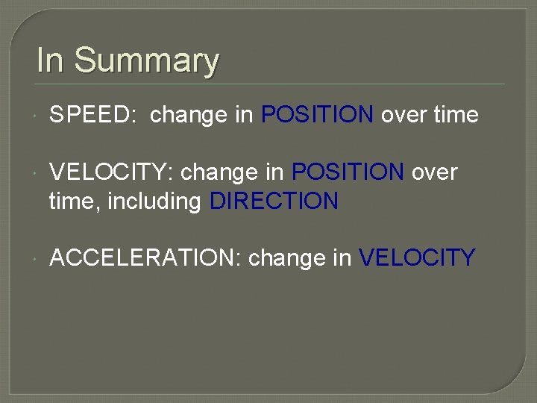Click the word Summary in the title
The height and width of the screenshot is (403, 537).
click(146, 61)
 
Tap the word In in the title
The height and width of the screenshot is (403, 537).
click(50, 60)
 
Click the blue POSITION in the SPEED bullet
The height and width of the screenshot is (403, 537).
click(318, 114)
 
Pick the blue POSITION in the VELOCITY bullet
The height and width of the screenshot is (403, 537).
click(348, 172)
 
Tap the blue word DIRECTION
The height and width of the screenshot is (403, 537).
click(274, 201)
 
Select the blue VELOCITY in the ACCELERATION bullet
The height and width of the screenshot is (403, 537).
click(417, 257)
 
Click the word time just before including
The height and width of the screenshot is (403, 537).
click(69, 201)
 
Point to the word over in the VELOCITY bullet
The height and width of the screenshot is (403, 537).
click(433, 173)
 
